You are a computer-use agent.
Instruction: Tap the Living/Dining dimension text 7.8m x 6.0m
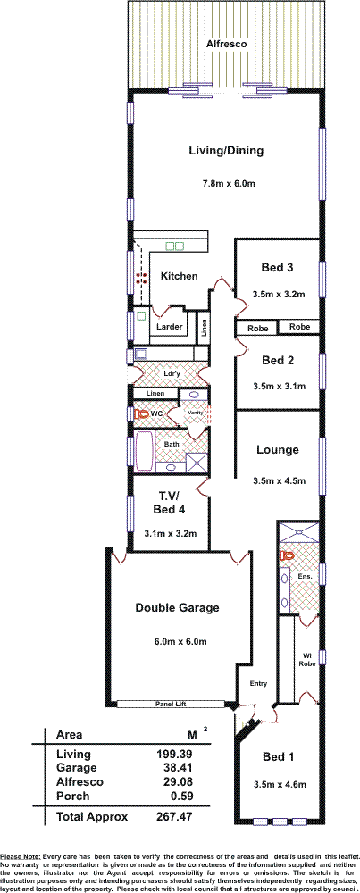tap(228, 183)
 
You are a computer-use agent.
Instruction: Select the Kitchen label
tap(179, 276)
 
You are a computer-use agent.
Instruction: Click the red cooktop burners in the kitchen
tap(141, 279)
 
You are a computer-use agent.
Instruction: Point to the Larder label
tap(170, 327)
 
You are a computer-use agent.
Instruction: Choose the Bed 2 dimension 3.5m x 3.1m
tap(279, 386)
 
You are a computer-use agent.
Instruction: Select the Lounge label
tap(278, 450)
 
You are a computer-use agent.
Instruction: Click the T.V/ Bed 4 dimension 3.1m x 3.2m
tap(171, 534)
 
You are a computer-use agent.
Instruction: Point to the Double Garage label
tap(177, 607)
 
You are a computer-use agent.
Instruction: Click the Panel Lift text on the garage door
tap(172, 704)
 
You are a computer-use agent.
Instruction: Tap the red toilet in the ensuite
tap(286, 555)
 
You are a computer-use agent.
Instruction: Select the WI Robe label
tap(306, 666)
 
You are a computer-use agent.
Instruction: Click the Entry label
tap(258, 684)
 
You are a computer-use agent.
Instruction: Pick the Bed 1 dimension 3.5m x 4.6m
tap(279, 785)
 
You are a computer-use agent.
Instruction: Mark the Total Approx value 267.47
tap(174, 817)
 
